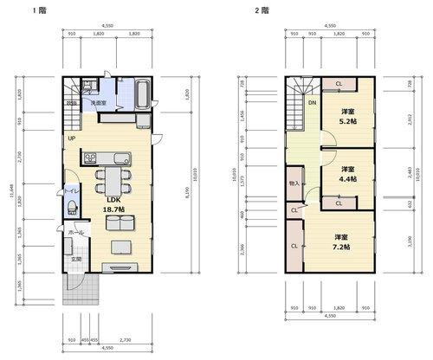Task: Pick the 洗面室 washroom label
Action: point(99,102)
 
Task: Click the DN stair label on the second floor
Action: point(312,103)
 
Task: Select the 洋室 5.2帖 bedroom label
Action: point(348,117)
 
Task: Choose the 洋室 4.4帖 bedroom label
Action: point(347,173)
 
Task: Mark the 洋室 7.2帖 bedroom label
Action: point(340,241)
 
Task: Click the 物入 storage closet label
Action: point(294,184)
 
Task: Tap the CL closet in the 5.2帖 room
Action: point(339,83)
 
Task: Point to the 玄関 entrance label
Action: point(76,260)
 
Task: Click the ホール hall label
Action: point(76,232)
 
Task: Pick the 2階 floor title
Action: point(260,10)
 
